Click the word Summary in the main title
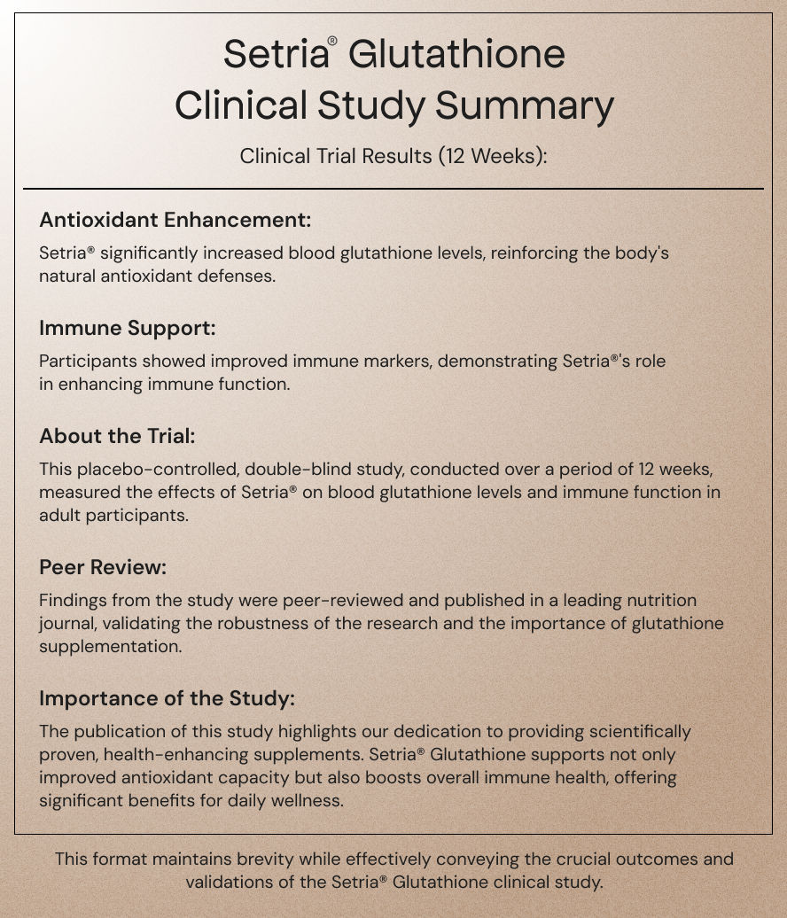(x=524, y=106)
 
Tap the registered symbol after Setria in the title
(x=332, y=42)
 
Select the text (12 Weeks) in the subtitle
(x=491, y=157)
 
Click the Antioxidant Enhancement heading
(x=175, y=220)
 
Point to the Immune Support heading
(x=128, y=328)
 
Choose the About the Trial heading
(x=117, y=436)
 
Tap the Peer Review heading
(x=103, y=566)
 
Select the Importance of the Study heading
(x=167, y=698)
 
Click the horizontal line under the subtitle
(x=393, y=189)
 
